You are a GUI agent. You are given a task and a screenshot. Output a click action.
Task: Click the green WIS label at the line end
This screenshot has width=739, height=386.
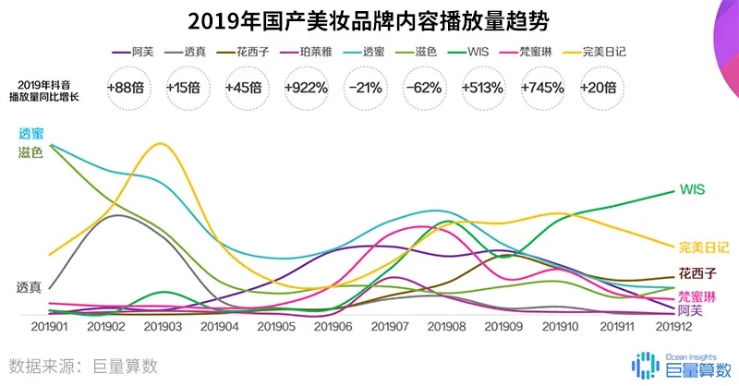click(692, 189)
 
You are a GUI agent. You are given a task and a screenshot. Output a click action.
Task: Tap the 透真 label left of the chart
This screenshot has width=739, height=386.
click(29, 287)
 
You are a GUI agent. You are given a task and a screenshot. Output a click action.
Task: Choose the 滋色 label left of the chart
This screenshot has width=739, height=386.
click(30, 152)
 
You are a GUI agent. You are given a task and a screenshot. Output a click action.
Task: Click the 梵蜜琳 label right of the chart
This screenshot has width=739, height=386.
click(697, 296)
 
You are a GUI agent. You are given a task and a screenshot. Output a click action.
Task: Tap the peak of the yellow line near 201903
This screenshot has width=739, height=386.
click(163, 143)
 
